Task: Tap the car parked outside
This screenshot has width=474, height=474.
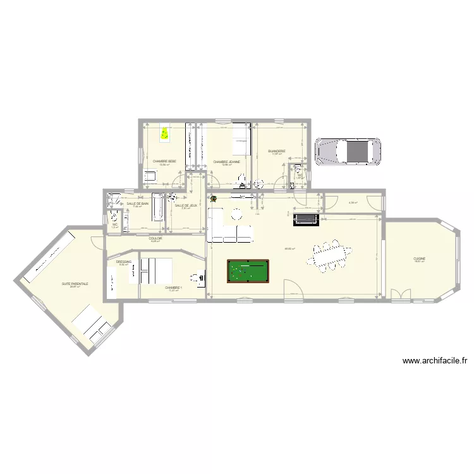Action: coord(348,152)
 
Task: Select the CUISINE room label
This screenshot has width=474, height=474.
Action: coord(419,258)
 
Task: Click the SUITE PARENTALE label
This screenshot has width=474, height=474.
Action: coord(75,284)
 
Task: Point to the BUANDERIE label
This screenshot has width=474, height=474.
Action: coord(277,151)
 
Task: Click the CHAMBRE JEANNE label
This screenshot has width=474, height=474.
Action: coord(226,162)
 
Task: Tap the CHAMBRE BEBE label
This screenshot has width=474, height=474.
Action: coord(164,162)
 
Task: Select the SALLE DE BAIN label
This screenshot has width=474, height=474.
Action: coord(137,204)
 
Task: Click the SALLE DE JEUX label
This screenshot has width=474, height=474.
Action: coord(186,205)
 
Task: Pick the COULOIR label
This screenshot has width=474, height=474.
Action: coord(155,238)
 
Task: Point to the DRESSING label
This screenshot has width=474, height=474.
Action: coord(123,262)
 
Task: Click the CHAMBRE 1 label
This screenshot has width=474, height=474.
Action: coord(173,288)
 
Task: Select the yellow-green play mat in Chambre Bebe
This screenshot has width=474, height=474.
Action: coord(165,134)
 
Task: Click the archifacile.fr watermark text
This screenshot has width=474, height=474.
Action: coord(434,362)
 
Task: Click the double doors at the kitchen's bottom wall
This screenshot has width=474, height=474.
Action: coord(399,295)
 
